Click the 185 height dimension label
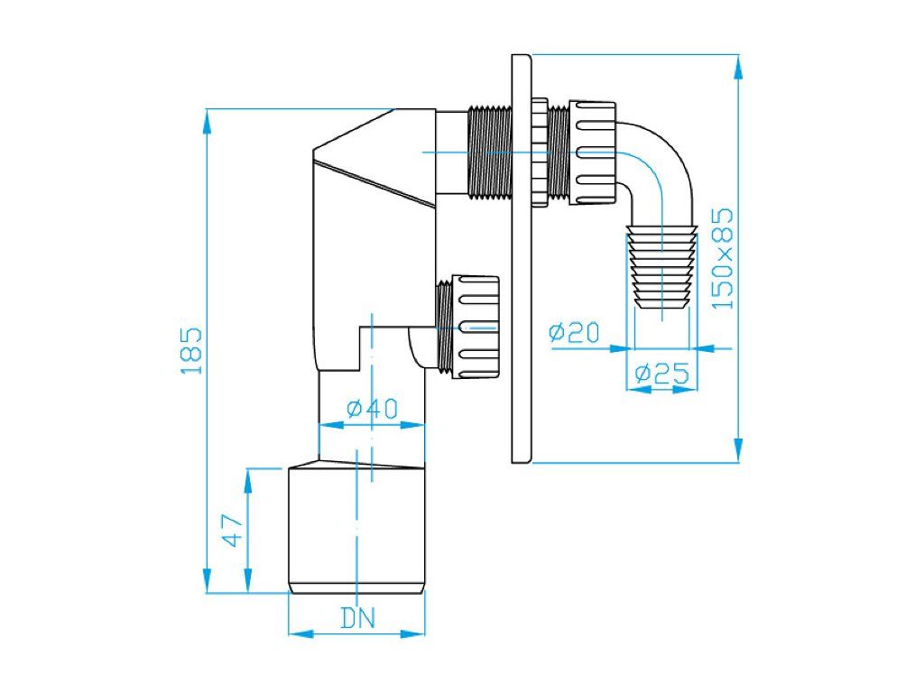click(x=191, y=351)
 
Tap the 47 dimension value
click(x=232, y=531)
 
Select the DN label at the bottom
click(x=357, y=618)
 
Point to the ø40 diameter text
click(x=372, y=408)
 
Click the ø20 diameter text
click(x=574, y=332)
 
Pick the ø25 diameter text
click(x=661, y=373)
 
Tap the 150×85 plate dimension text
click(x=723, y=258)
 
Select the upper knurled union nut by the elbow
click(x=592, y=153)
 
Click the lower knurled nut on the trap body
click(x=475, y=327)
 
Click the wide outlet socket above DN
click(x=356, y=528)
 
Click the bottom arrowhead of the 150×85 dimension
click(x=738, y=449)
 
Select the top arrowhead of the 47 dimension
click(x=248, y=480)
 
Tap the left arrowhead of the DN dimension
click(x=300, y=633)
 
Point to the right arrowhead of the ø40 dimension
click(x=413, y=424)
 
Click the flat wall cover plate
click(x=522, y=259)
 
